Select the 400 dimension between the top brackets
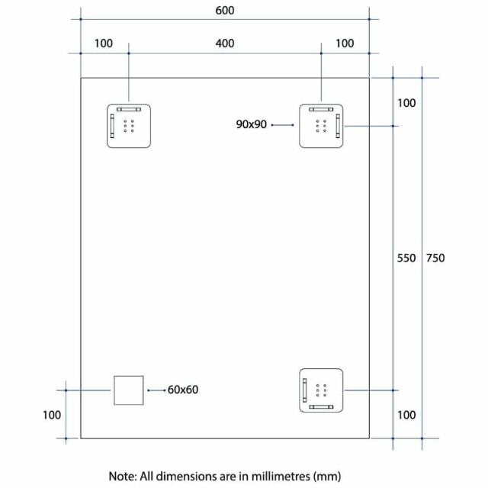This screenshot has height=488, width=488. tap(225, 43)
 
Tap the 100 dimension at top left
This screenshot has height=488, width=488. tap(104, 43)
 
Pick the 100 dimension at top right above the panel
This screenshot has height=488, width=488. tap(345, 43)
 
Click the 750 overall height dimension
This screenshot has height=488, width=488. tap(435, 258)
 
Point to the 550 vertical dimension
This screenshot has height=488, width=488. tap(406, 258)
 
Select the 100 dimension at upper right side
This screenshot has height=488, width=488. tap(406, 102)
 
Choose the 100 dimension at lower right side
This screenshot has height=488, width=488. tap(406, 415)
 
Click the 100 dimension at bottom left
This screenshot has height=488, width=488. tap(52, 415)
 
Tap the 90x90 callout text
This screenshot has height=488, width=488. tap(252, 125)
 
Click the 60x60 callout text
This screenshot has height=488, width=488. tap(183, 390)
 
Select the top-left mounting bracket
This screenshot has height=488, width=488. tap(128, 125)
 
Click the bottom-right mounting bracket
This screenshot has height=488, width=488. tap(321, 390)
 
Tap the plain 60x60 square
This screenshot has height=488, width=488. tap(128, 390)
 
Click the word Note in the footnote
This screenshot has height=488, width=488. tap(122, 476)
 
